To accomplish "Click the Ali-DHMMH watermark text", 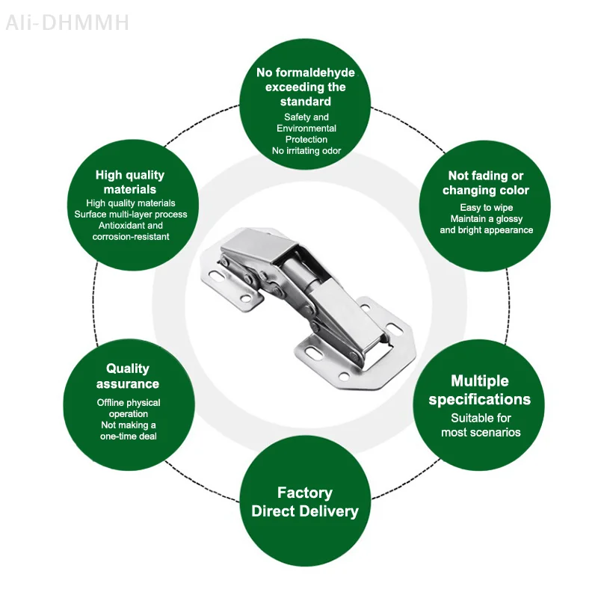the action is click(67, 22).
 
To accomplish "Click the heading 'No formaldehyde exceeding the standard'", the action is click(306, 87).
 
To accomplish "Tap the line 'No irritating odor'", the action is click(306, 150).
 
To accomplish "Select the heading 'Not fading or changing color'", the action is click(486, 183).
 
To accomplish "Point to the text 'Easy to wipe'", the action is click(486, 207).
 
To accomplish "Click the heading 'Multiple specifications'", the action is click(480, 390).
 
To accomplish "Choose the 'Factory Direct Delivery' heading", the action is click(305, 502).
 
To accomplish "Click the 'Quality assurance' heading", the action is click(128, 376).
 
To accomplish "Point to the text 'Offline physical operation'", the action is click(129, 408).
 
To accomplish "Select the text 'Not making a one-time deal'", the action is click(129, 431).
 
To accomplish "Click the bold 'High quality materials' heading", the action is click(130, 182).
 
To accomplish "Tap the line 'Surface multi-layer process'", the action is click(131, 214).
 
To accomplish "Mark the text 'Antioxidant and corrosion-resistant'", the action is click(131, 231).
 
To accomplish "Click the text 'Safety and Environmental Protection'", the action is click(306, 128).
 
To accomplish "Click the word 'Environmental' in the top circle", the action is click(306, 129).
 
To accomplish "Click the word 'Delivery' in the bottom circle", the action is click(328, 512).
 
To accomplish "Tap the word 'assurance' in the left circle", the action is click(128, 384).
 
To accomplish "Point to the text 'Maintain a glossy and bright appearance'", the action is click(486, 224).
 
